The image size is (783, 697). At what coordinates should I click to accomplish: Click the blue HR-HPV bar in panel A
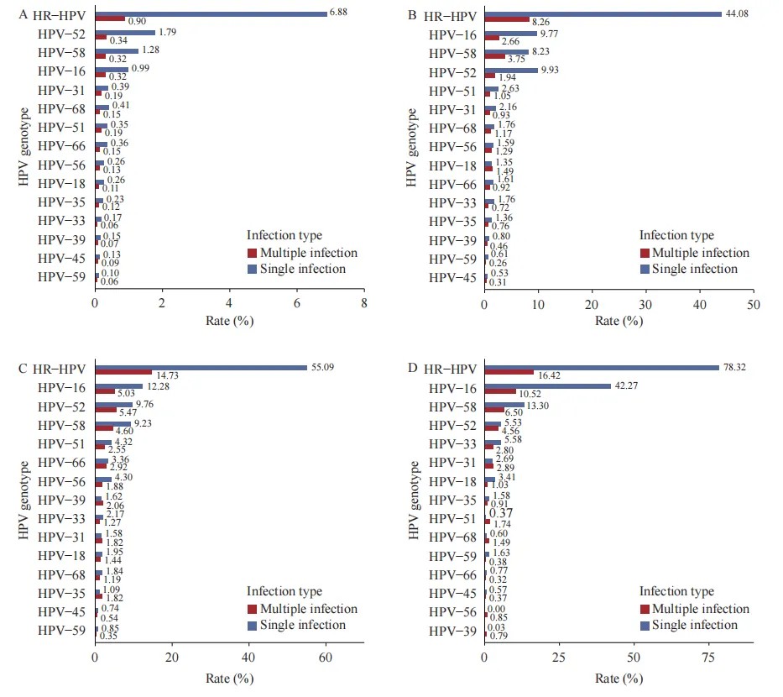211,13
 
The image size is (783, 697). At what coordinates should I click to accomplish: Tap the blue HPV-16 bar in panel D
547,385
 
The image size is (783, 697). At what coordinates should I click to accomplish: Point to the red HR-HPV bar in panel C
123,372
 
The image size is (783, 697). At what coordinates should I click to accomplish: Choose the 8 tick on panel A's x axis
363,303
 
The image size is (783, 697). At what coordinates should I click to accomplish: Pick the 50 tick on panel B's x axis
753,303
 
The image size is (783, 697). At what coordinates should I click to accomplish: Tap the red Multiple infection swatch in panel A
252,253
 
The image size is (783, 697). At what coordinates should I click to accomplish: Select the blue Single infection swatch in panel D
645,625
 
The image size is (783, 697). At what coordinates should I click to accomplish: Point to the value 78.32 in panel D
734,367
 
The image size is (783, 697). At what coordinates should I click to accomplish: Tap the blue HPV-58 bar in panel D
504,404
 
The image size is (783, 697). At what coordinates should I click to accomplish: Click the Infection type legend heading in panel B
676,236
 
